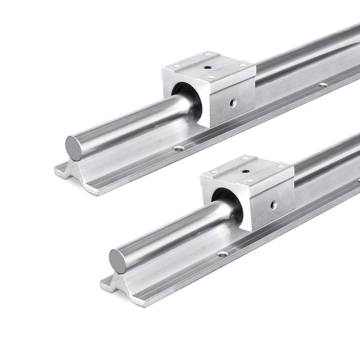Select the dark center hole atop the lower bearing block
click(x=246, y=171)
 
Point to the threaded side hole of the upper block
click(x=233, y=103)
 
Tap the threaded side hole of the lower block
click(x=273, y=205)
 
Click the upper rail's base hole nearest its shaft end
click(x=179, y=148)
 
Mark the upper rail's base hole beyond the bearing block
click(x=323, y=85)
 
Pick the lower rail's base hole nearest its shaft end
click(x=222, y=254)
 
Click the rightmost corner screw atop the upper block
click(x=243, y=65)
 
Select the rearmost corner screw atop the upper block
click(x=207, y=54)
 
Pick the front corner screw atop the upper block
click(x=210, y=77)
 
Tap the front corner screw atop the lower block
click(x=249, y=181)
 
